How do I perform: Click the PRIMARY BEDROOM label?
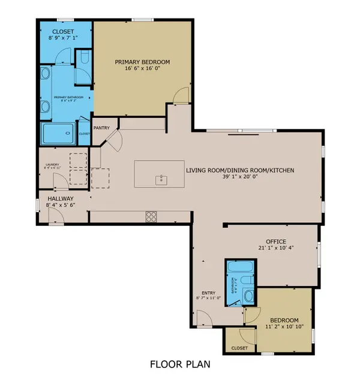coord(143,62)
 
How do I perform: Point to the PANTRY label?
coord(101,127)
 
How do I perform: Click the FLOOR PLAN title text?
coord(179,364)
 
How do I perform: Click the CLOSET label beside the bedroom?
coord(239,348)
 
